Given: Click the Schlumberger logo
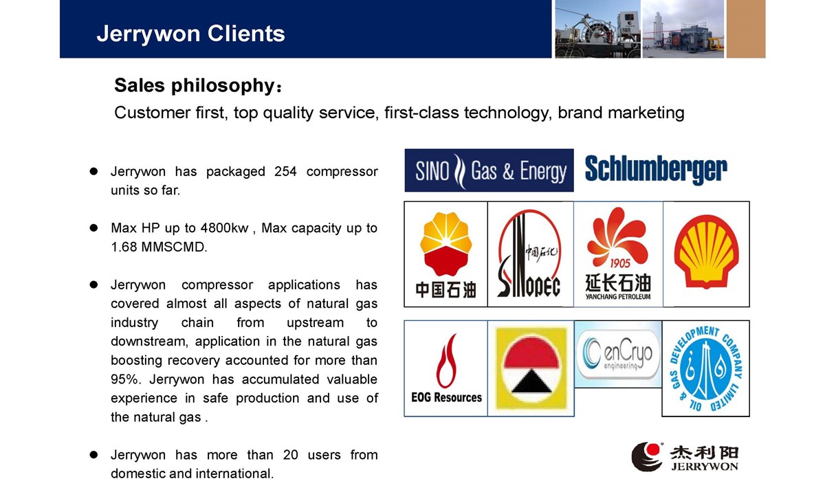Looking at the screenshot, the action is point(656,169).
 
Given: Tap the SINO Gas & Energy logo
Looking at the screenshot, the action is point(489,170).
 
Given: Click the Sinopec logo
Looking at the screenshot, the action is point(530,254).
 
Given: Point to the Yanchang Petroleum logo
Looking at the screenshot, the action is point(618,254).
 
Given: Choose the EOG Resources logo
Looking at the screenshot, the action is point(446,368).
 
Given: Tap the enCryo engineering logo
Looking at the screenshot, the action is point(618,355).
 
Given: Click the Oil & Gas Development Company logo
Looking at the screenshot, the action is point(705,368).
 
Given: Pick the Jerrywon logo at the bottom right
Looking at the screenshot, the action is point(685,457).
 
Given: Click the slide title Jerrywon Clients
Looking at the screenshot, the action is point(191,34).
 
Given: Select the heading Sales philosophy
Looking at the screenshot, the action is point(198,85).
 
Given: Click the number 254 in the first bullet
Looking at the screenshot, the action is point(285,172).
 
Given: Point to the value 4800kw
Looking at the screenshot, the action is point(224,228).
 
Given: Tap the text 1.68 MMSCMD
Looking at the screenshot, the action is point(159,247).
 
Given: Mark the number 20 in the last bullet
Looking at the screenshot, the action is point(290,455).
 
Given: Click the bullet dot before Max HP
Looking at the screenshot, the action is point(93,228).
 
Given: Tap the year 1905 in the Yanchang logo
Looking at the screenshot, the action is point(620,263).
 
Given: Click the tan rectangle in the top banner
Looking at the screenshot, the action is point(746,29).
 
